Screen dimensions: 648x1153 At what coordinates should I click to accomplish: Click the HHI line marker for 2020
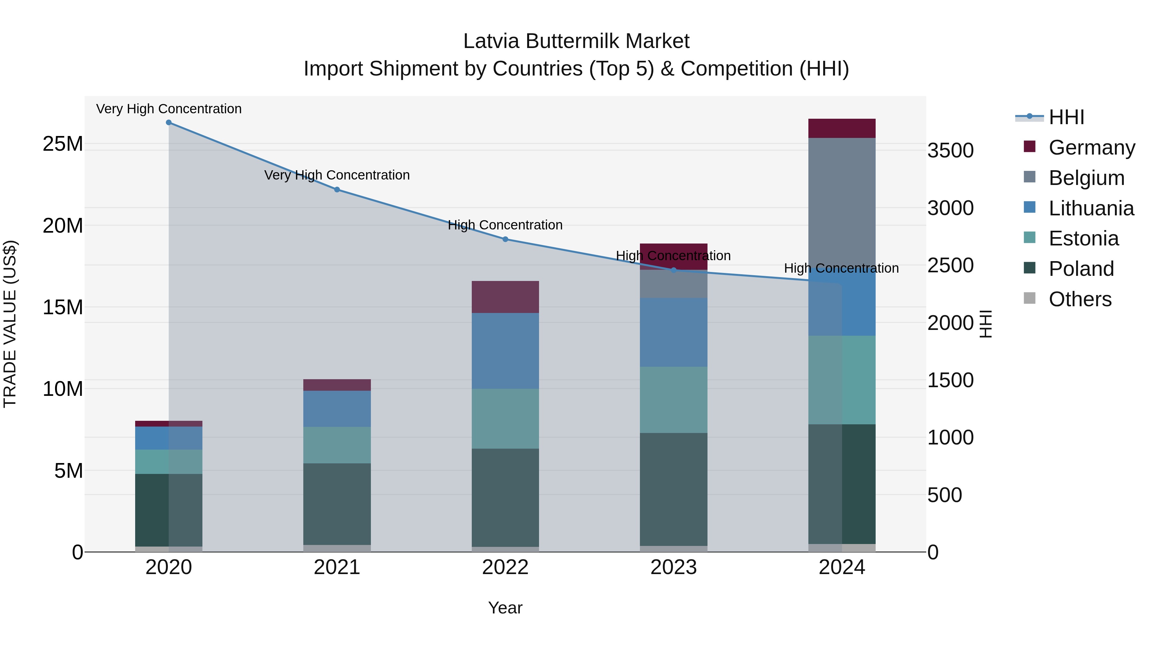(169, 123)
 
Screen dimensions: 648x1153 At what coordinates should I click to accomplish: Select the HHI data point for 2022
(505, 239)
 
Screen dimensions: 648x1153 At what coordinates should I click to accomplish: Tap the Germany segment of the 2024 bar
(841, 128)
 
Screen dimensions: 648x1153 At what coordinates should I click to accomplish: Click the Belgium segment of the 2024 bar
(841, 201)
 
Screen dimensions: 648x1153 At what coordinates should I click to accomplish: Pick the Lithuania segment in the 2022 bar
(505, 351)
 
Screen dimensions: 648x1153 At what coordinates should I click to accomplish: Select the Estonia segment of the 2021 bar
(337, 445)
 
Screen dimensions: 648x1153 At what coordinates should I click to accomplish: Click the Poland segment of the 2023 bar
(673, 489)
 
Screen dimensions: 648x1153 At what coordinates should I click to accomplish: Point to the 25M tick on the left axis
(63, 144)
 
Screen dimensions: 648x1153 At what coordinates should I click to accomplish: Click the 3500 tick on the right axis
(950, 150)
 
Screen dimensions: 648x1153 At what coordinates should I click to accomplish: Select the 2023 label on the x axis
(673, 567)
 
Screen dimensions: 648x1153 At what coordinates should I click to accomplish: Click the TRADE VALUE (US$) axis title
(10, 324)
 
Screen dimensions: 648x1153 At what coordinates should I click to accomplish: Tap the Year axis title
(505, 608)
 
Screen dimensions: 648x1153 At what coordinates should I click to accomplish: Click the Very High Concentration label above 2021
(337, 175)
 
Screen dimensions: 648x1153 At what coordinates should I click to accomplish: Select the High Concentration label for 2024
(841, 268)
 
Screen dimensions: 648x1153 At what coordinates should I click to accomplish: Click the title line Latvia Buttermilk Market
(576, 41)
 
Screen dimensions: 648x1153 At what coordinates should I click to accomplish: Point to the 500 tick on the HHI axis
(944, 495)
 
